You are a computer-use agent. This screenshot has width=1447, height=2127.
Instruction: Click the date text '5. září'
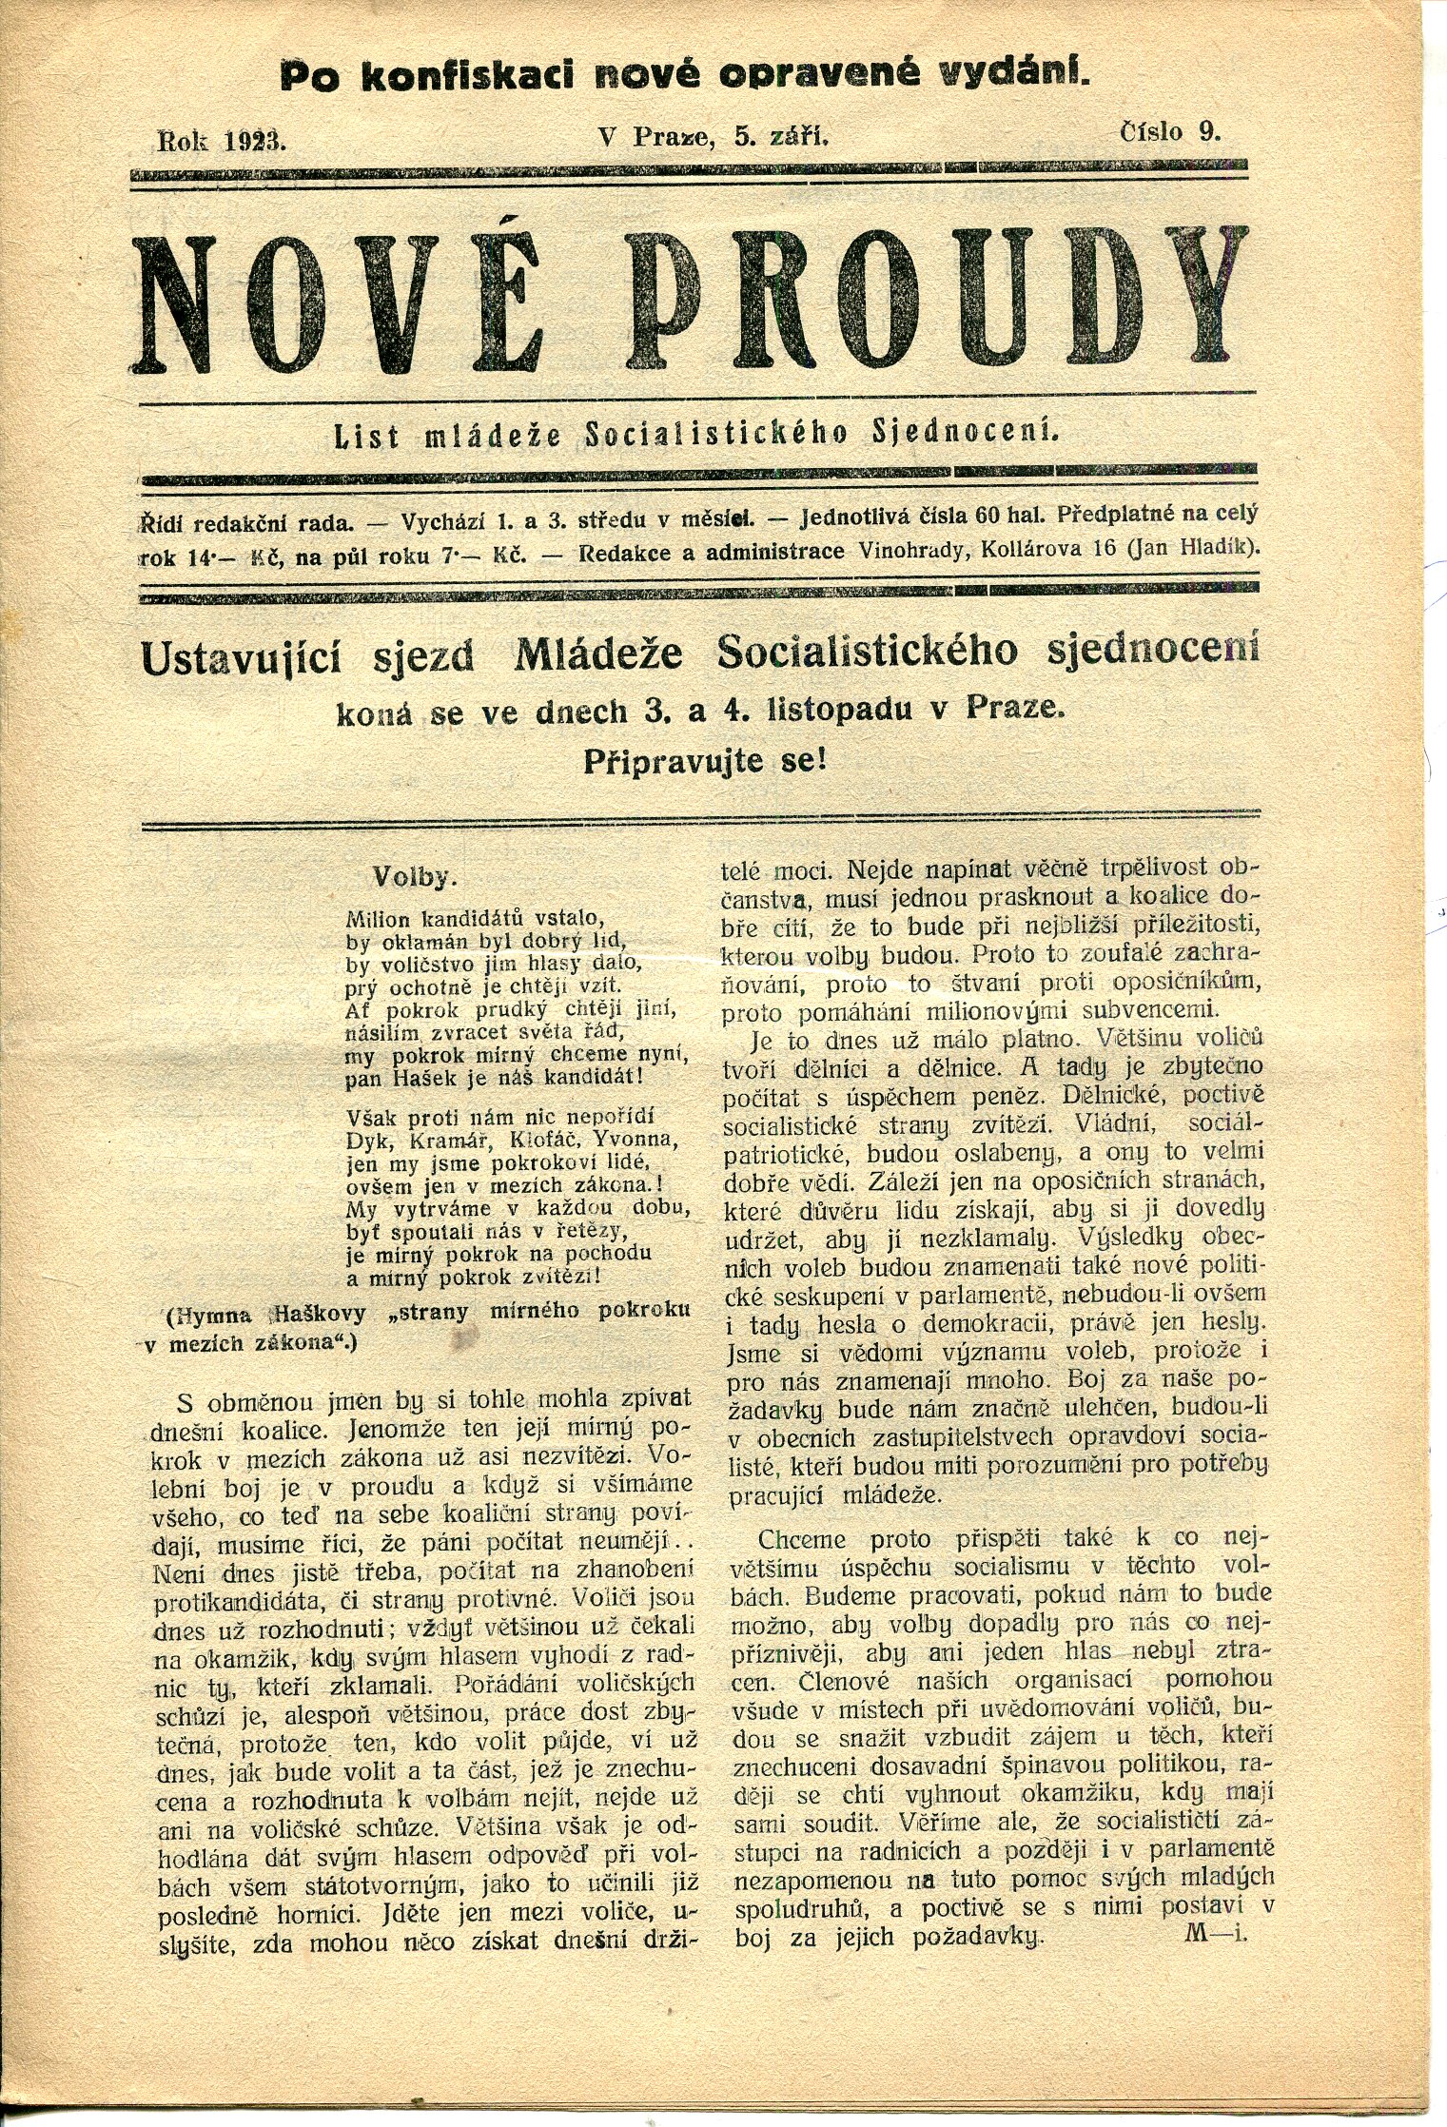(781, 136)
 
